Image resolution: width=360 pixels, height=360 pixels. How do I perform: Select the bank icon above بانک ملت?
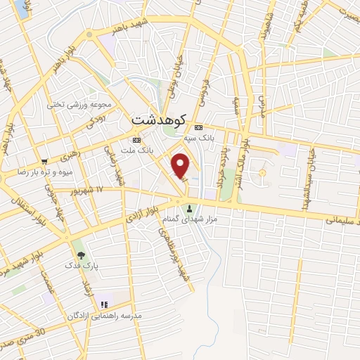(136, 140)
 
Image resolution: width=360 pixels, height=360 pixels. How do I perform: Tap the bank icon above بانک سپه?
(199, 128)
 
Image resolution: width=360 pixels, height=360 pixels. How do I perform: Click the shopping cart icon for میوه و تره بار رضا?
(45, 161)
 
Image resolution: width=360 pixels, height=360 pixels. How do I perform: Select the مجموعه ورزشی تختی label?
(79, 104)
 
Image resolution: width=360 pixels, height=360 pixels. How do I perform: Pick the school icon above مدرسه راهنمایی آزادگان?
(104, 304)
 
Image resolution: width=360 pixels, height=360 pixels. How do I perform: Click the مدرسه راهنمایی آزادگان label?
(114, 316)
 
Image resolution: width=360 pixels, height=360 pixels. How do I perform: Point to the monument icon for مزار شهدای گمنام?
(191, 209)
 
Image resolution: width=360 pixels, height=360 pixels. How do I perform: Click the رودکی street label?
(96, 122)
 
